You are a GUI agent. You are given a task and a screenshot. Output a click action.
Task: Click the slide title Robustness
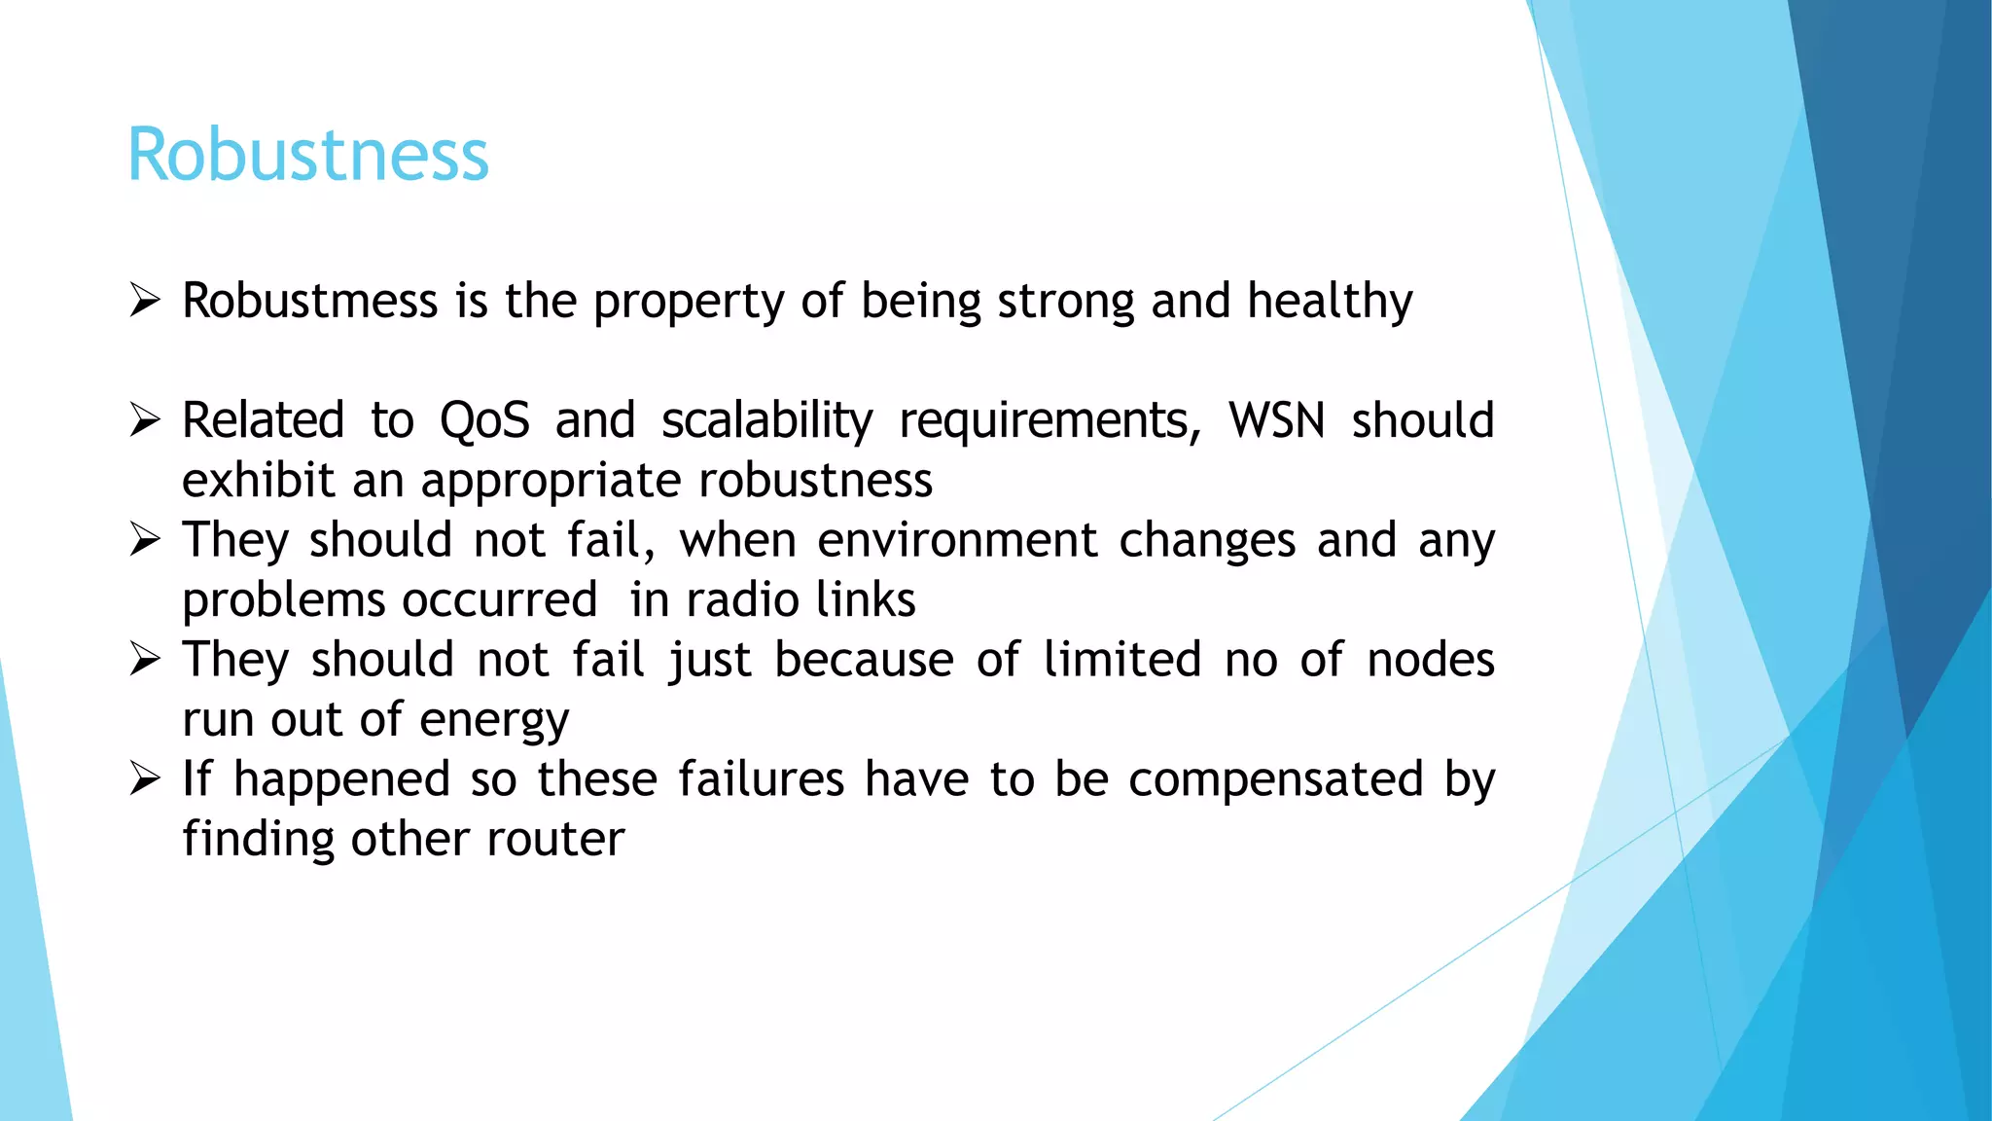[x=307, y=155]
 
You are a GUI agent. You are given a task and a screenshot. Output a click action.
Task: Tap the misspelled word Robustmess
[x=309, y=301]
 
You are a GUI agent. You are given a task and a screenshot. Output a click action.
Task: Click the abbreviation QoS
[x=484, y=421]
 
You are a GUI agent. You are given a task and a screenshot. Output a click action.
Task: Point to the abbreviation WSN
[x=1276, y=421]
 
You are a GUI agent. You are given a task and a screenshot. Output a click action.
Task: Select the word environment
[x=957, y=541]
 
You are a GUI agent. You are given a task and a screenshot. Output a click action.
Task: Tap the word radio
[x=733, y=600]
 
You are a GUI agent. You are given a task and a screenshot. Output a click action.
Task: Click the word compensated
[x=1275, y=780]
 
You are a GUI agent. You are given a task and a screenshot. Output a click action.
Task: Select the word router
[x=555, y=839]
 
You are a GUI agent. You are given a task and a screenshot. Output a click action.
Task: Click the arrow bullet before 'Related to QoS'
[x=145, y=420]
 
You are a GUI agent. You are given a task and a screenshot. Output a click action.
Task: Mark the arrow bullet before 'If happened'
[x=145, y=779]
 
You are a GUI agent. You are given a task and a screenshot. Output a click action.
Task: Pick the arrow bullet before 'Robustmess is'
[x=145, y=301]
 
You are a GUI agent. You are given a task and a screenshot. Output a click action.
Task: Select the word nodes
[x=1430, y=660]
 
